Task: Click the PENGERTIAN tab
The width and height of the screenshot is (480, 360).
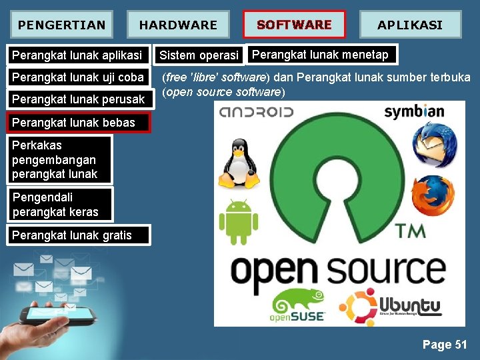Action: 61,25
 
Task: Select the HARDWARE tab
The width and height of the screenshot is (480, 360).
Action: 178,25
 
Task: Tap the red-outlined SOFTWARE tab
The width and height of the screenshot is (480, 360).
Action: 294,25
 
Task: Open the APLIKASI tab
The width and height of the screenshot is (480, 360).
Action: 410,25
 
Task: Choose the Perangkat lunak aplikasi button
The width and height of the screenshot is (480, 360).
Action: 77,55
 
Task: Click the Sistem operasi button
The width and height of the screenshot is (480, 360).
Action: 199,55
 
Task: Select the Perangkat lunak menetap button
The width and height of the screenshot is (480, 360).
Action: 321,55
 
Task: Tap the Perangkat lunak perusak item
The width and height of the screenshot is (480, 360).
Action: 78,99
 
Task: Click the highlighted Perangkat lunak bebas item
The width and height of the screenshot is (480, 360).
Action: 73,122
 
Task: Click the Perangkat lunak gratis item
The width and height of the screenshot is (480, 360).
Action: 72,235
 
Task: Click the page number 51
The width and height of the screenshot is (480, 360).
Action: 445,345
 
